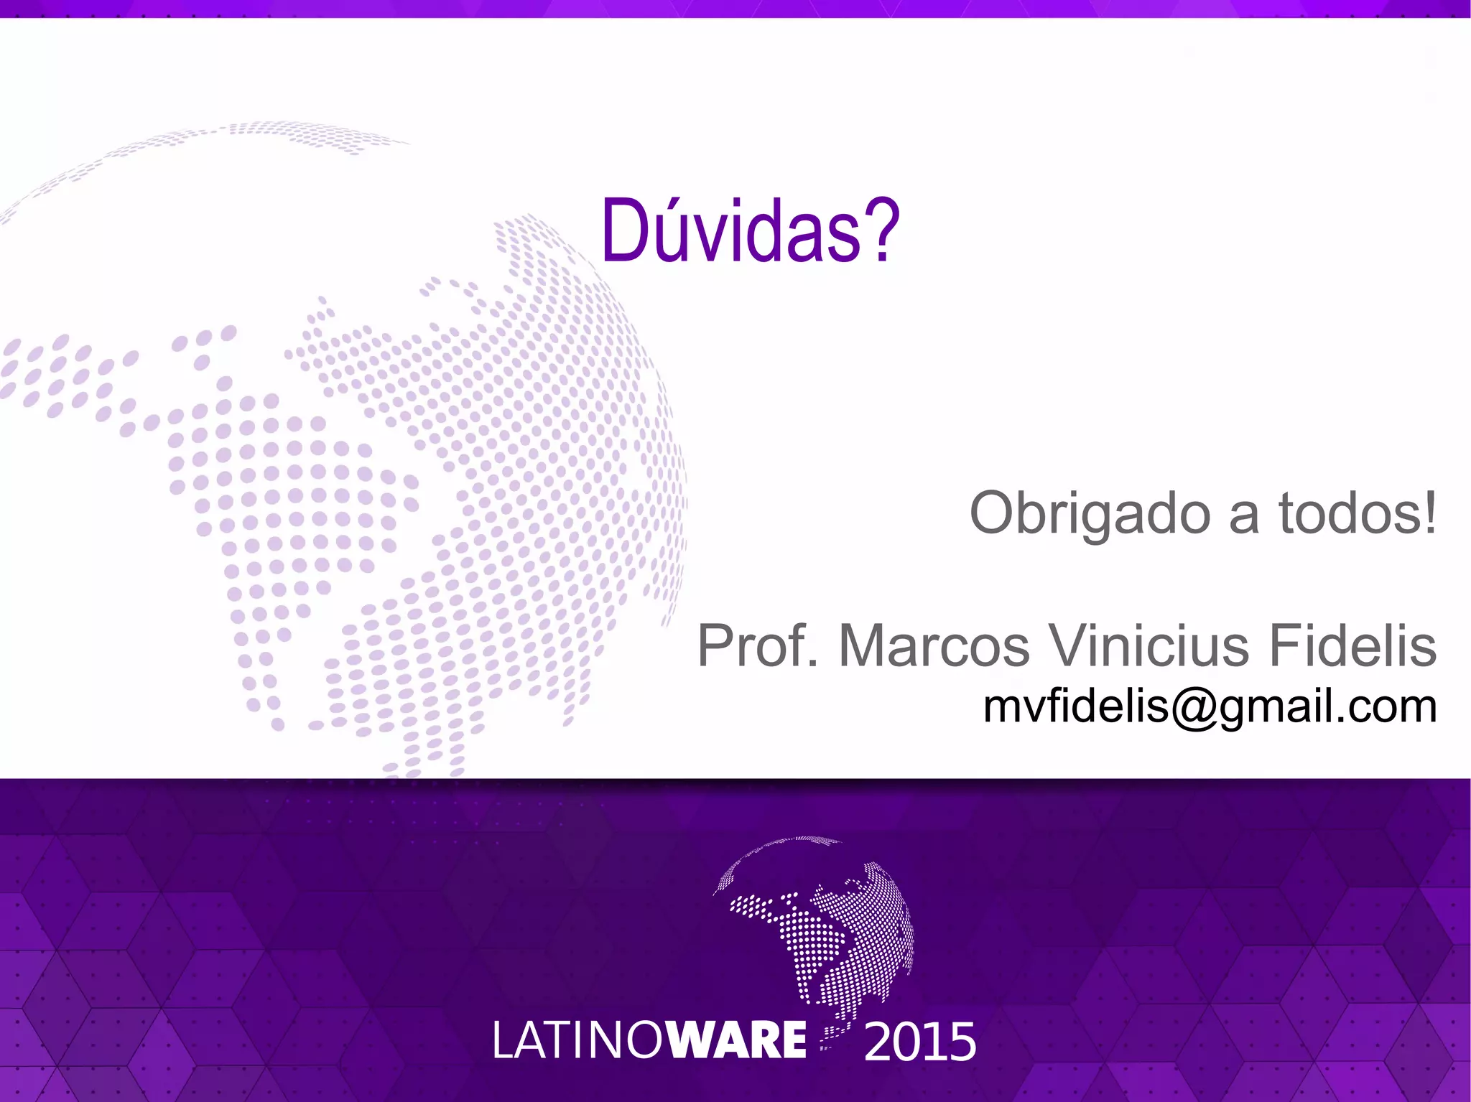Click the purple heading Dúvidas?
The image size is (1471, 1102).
click(x=751, y=230)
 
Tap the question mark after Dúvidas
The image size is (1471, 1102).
click(x=881, y=230)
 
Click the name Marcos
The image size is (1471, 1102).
click(x=934, y=645)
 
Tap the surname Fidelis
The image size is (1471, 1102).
click(x=1352, y=645)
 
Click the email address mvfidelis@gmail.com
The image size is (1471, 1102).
click(x=1210, y=706)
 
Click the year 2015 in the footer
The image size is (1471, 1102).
click(x=920, y=1042)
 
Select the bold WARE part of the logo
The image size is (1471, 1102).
click(x=738, y=1040)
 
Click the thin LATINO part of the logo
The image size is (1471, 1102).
click(x=580, y=1041)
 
